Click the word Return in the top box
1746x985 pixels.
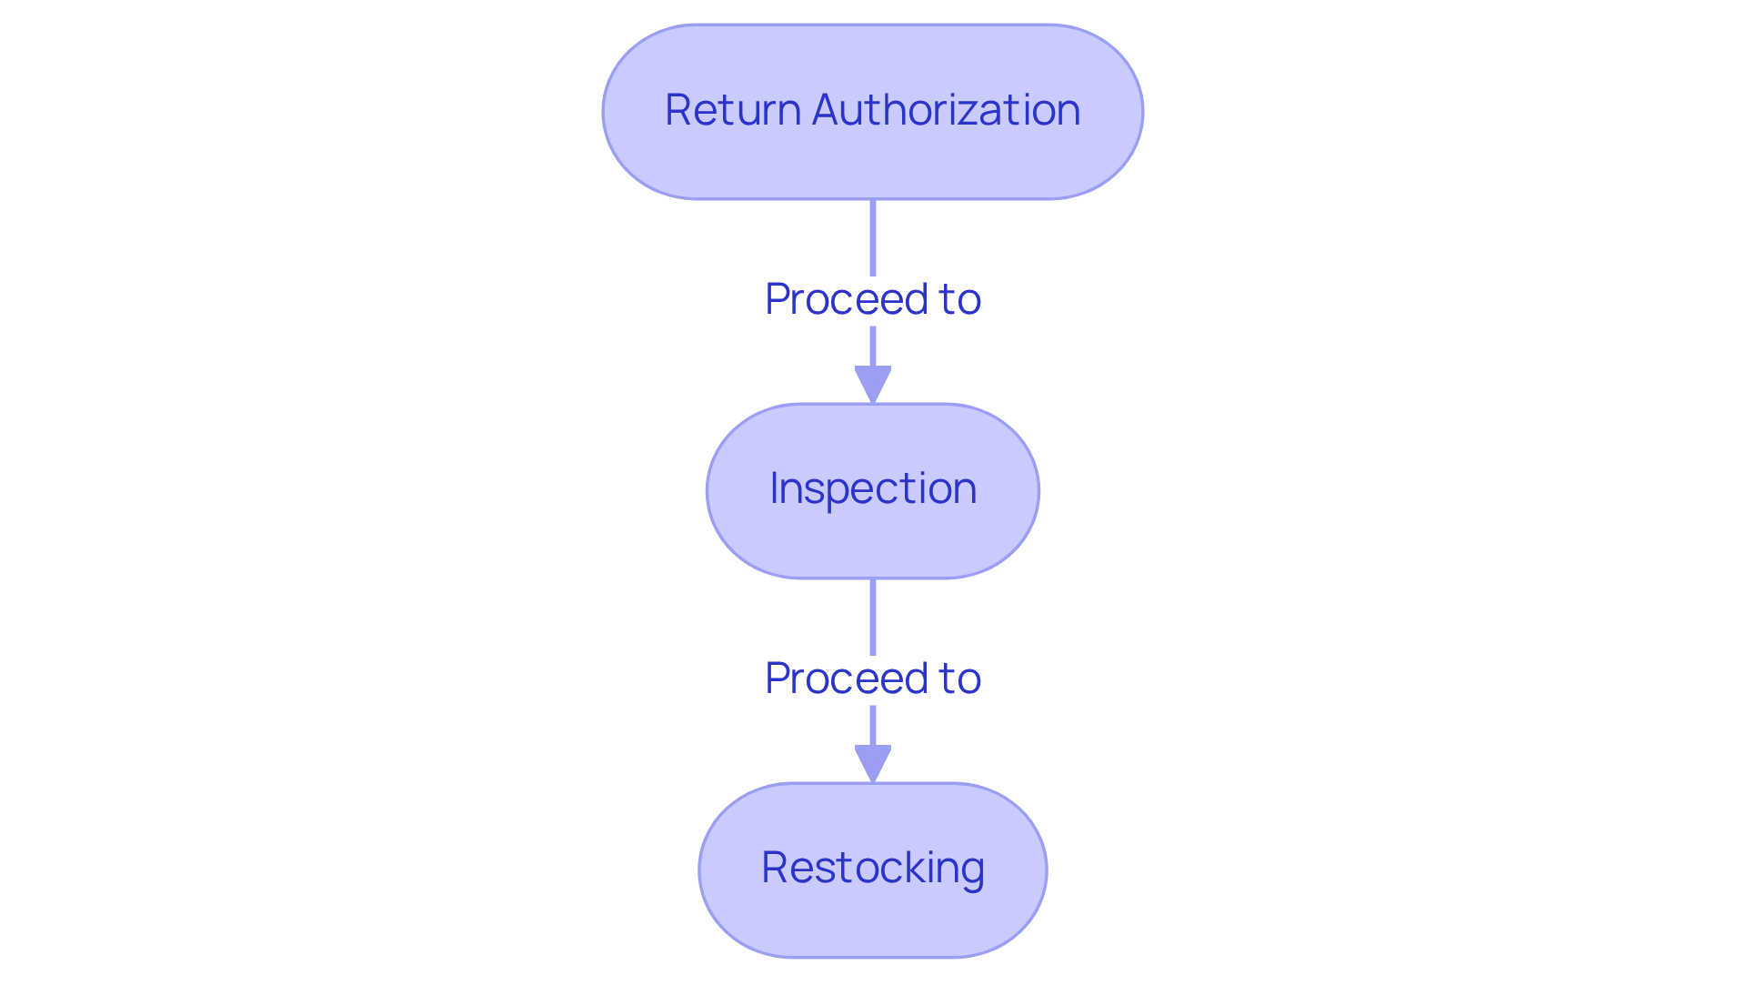tap(733, 110)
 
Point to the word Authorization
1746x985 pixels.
tap(946, 110)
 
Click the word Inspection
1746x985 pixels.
tap(873, 488)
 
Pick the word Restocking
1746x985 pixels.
tap(873, 868)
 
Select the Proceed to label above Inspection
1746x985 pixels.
tap(873, 299)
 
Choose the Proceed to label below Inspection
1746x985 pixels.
tap(873, 678)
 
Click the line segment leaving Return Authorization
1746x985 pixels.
tap(873, 236)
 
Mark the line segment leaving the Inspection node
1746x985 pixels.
tap(873, 616)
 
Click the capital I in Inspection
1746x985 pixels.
tap(774, 488)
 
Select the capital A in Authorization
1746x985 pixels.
tap(827, 110)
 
